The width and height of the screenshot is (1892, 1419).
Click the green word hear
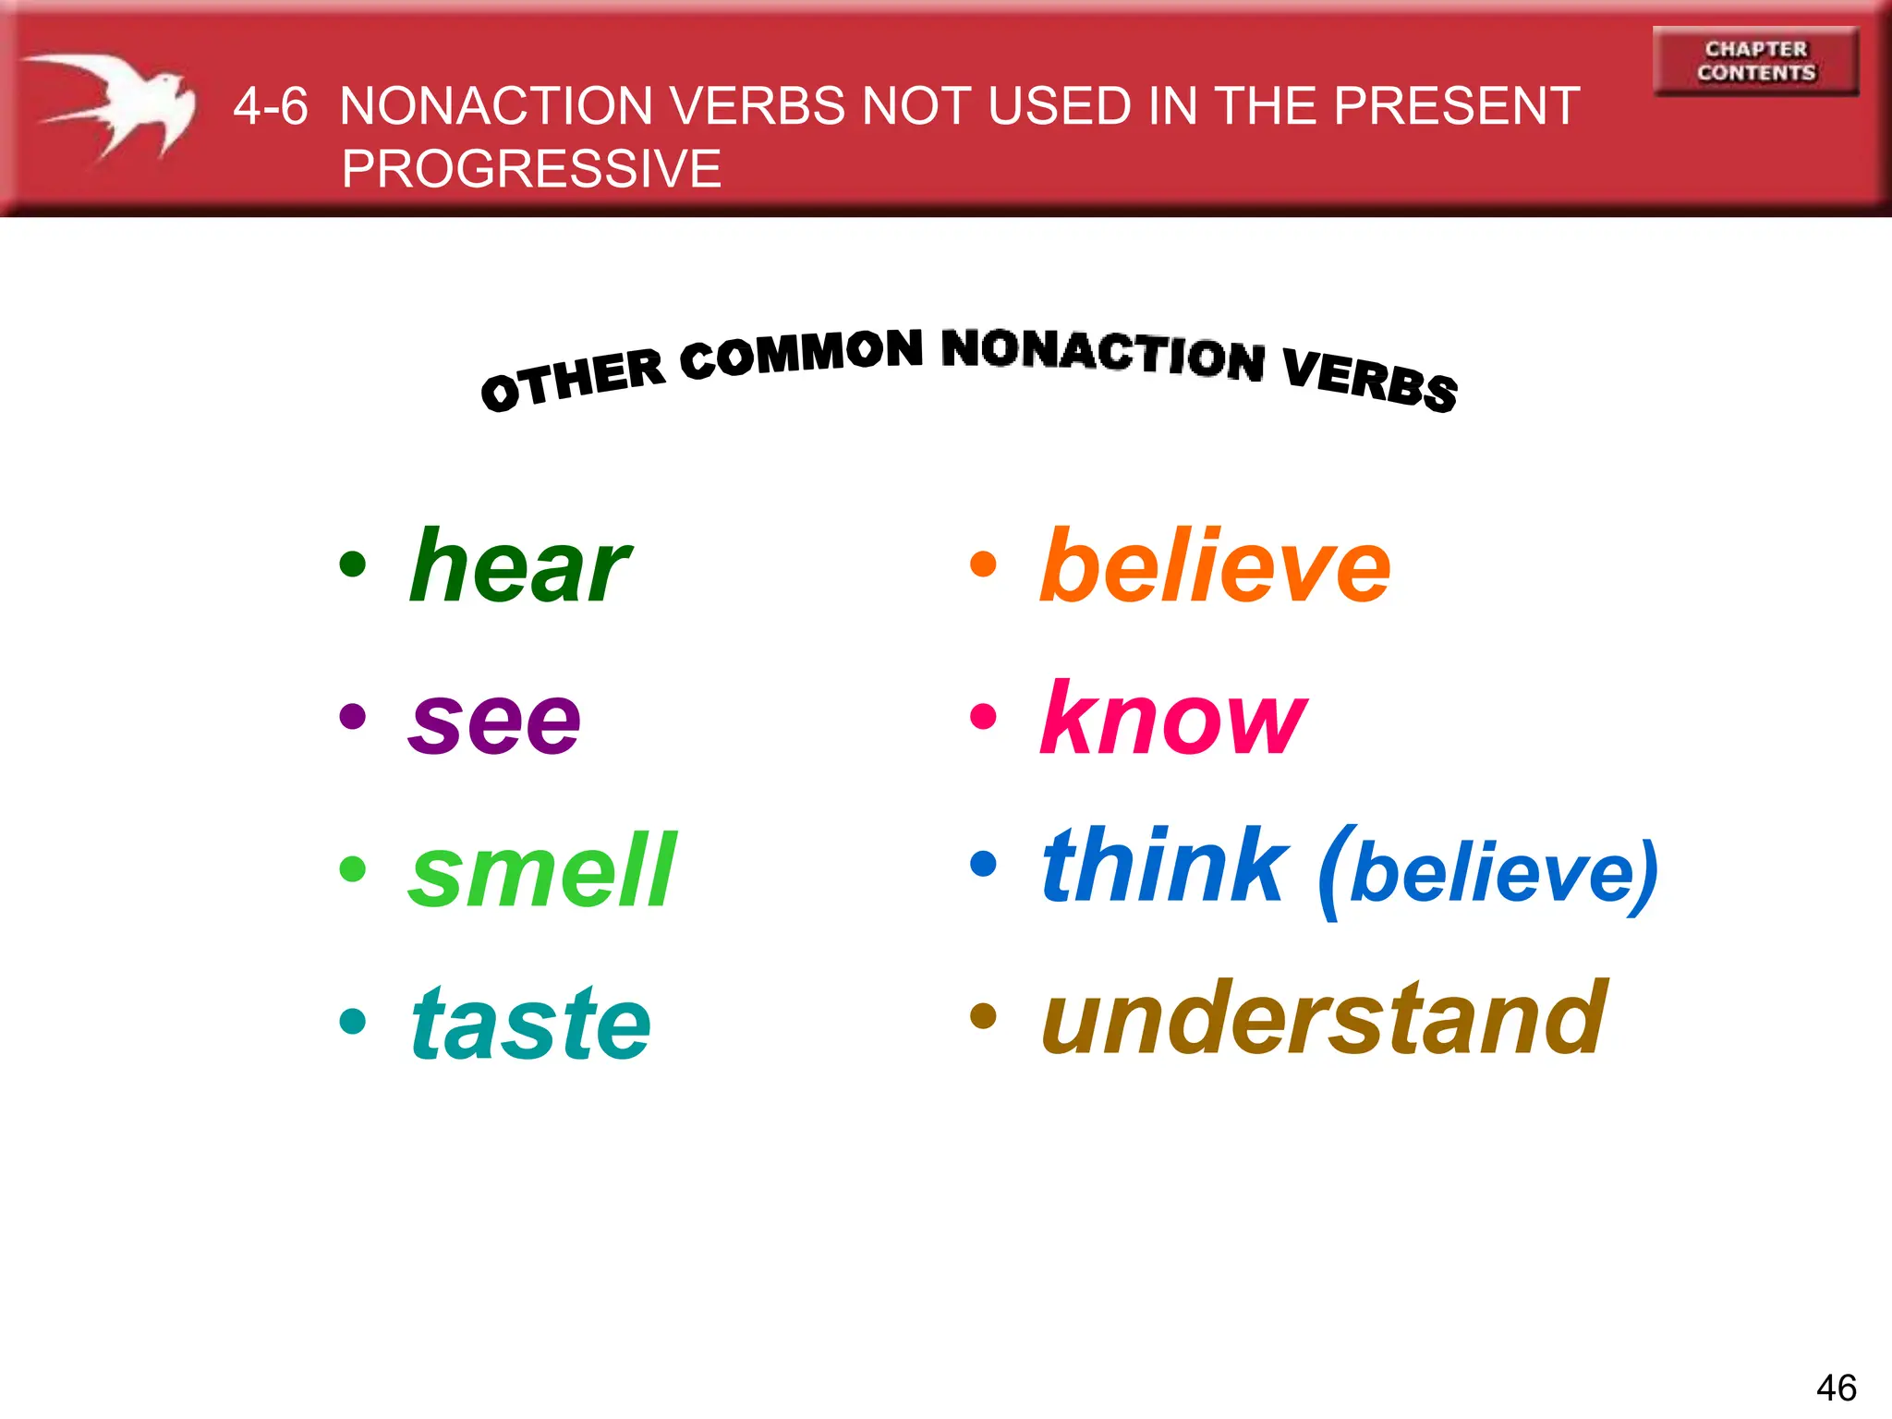coord(520,566)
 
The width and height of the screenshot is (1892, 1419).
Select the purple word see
coord(494,722)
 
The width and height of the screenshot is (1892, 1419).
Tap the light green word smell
coord(543,870)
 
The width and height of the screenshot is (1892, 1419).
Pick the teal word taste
coord(531,1023)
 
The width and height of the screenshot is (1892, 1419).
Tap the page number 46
coord(1836,1388)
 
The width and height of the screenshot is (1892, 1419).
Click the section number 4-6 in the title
coord(270,106)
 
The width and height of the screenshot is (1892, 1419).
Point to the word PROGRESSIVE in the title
coord(531,169)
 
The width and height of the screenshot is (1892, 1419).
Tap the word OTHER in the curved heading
coord(573,380)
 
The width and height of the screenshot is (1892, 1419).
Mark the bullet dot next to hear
coord(352,564)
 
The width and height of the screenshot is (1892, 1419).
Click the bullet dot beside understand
coord(983,1016)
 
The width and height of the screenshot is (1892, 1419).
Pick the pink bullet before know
coord(983,716)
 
